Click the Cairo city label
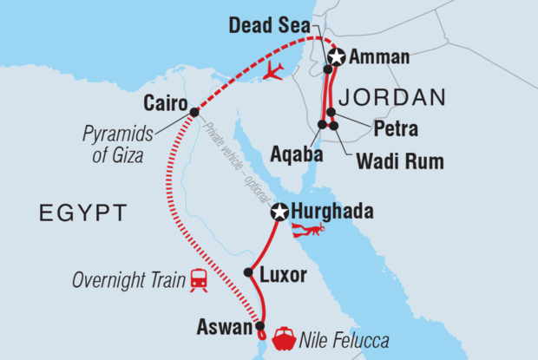(167, 101)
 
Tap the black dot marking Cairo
(194, 112)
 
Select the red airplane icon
(274, 70)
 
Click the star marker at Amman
(336, 56)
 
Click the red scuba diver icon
(308, 231)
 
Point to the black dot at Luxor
(248, 272)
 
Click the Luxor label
(282, 276)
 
